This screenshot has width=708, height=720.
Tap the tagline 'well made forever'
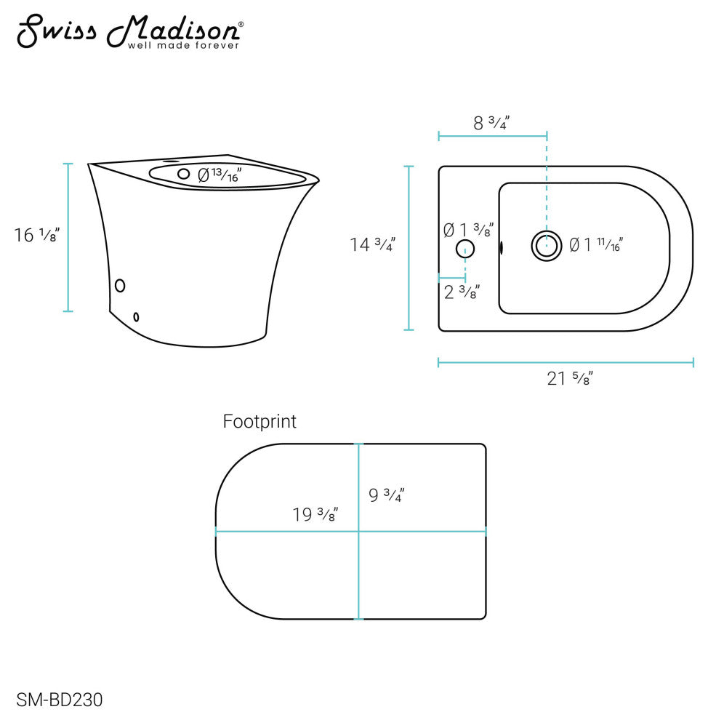tap(183, 46)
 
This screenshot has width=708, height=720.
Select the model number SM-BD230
tap(60, 700)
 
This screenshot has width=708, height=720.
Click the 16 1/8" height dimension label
tap(36, 235)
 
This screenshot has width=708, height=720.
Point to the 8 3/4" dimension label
tap(491, 123)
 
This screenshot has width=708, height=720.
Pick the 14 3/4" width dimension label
tap(373, 244)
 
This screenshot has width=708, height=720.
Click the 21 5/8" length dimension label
tap(570, 378)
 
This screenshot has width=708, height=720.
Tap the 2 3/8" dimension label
tap(462, 292)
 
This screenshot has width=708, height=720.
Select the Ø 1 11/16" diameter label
tap(596, 245)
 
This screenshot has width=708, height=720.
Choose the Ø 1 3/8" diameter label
tap(468, 230)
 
